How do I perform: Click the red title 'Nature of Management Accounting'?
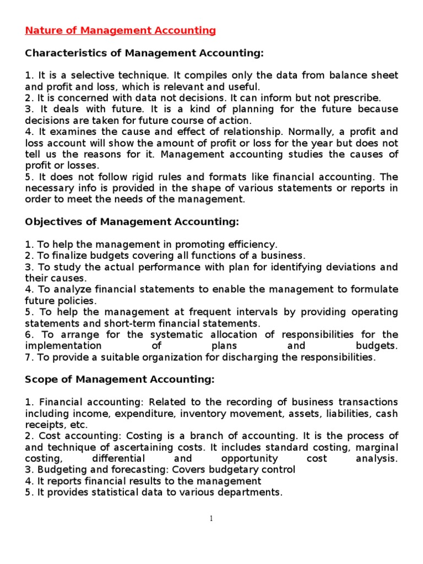[121, 31]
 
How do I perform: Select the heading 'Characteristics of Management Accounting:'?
[145, 53]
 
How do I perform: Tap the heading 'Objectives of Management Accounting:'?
[132, 221]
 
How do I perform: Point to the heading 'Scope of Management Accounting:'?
[120, 379]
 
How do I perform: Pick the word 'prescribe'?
[359, 97]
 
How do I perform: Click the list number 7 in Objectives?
[28, 357]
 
